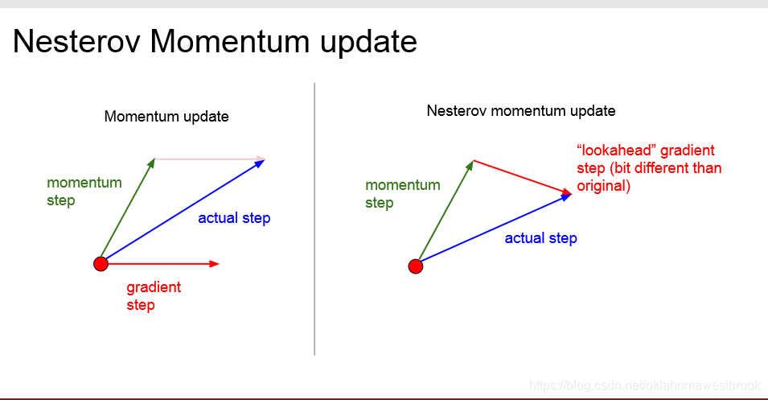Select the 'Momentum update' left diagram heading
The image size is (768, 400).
[x=166, y=117]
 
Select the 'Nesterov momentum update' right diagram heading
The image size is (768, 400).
[x=520, y=110]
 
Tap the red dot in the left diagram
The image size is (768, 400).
[x=101, y=263]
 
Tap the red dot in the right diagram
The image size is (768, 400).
[x=416, y=266]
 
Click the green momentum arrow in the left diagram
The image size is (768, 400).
[x=127, y=211]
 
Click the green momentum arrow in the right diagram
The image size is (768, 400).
[x=444, y=213]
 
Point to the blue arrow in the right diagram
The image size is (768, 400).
[x=494, y=229]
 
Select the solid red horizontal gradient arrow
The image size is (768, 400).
[x=161, y=263]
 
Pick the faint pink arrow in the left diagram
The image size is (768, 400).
[x=209, y=159]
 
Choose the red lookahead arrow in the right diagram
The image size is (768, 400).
[x=523, y=176]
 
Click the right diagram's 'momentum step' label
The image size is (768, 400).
[x=402, y=193]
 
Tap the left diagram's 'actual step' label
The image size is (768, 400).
[x=234, y=218]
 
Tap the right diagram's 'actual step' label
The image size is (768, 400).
[x=540, y=238]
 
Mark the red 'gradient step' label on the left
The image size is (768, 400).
[x=153, y=296]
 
